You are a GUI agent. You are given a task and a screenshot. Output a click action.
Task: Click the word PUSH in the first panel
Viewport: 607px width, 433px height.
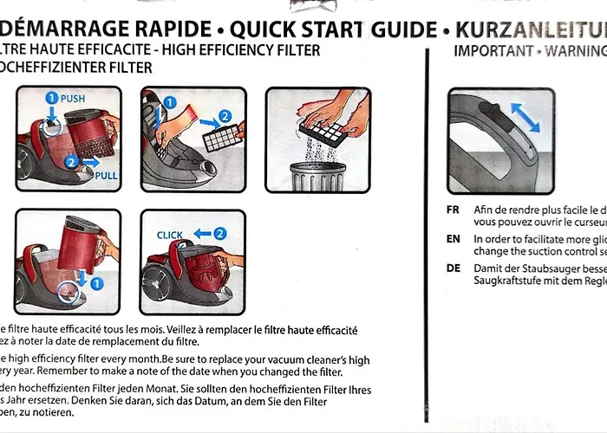73,99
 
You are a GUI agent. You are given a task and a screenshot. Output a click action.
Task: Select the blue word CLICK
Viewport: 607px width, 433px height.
170,235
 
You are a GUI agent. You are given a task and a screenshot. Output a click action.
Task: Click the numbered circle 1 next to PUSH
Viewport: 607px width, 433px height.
51,99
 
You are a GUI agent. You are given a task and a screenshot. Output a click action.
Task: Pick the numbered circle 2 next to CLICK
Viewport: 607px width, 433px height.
220,233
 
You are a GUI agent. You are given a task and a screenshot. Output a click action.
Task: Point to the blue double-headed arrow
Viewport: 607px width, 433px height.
524,115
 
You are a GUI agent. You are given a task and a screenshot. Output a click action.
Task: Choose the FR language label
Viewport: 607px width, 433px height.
453,210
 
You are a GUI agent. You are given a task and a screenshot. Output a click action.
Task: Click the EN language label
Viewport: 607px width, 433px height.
453,238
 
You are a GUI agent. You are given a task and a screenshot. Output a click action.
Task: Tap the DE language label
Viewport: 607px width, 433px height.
453,268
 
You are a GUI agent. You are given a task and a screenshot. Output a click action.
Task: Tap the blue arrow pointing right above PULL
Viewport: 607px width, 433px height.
88,162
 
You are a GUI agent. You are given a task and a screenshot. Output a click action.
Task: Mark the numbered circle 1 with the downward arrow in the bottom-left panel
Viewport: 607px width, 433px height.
98,282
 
